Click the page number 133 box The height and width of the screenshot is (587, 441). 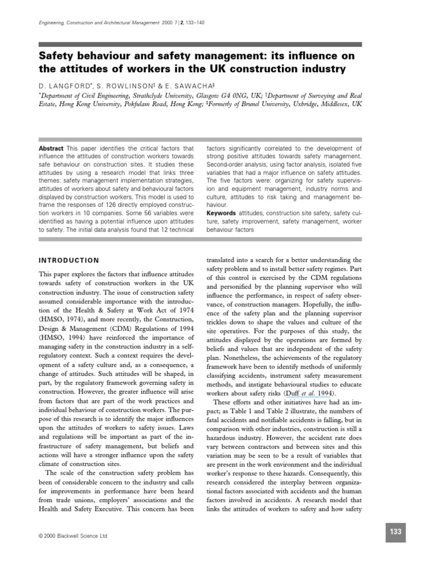pyautogui.click(x=396, y=532)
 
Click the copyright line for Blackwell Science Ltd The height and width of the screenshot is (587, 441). pyautogui.click(x=72, y=536)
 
